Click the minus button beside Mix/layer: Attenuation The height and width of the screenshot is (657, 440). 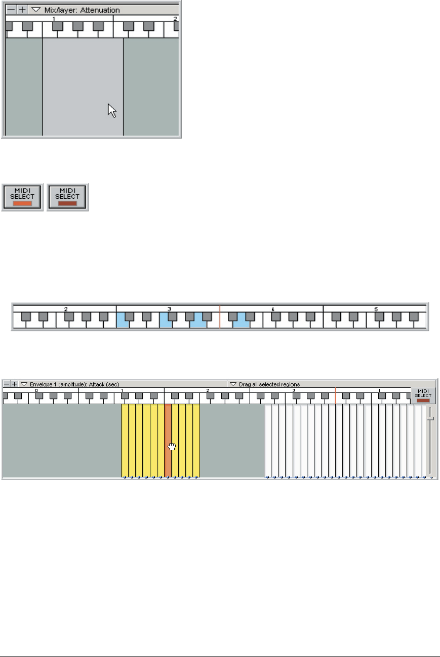pos(11,10)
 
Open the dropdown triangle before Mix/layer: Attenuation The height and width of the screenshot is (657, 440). pos(35,10)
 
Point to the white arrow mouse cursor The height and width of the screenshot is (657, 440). pos(112,110)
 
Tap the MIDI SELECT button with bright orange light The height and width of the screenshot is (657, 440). pos(22,197)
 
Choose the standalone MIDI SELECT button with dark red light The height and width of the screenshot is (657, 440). pos(67,197)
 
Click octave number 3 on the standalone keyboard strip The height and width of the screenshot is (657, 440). pos(169,309)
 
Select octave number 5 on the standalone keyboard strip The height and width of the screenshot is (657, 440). pos(375,309)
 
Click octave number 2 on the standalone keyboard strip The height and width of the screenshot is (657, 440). pos(66,309)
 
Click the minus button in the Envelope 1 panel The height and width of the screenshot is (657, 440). pos(7,384)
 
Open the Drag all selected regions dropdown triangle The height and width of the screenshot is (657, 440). pos(233,384)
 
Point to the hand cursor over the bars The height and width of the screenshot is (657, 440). pos(172,446)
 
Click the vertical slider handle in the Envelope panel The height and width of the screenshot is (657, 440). pos(430,418)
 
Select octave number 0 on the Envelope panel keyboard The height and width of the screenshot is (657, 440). pos(36,390)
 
